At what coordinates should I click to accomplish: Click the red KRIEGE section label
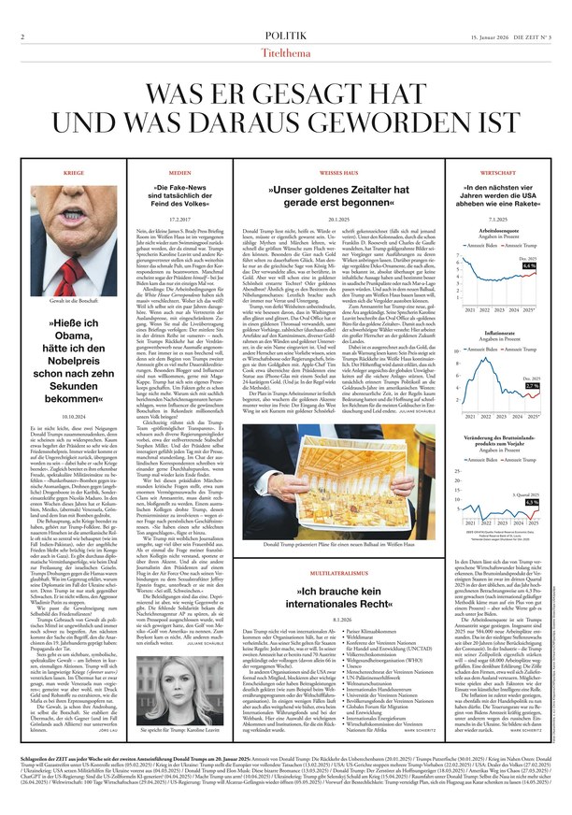pyautogui.click(x=74, y=174)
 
